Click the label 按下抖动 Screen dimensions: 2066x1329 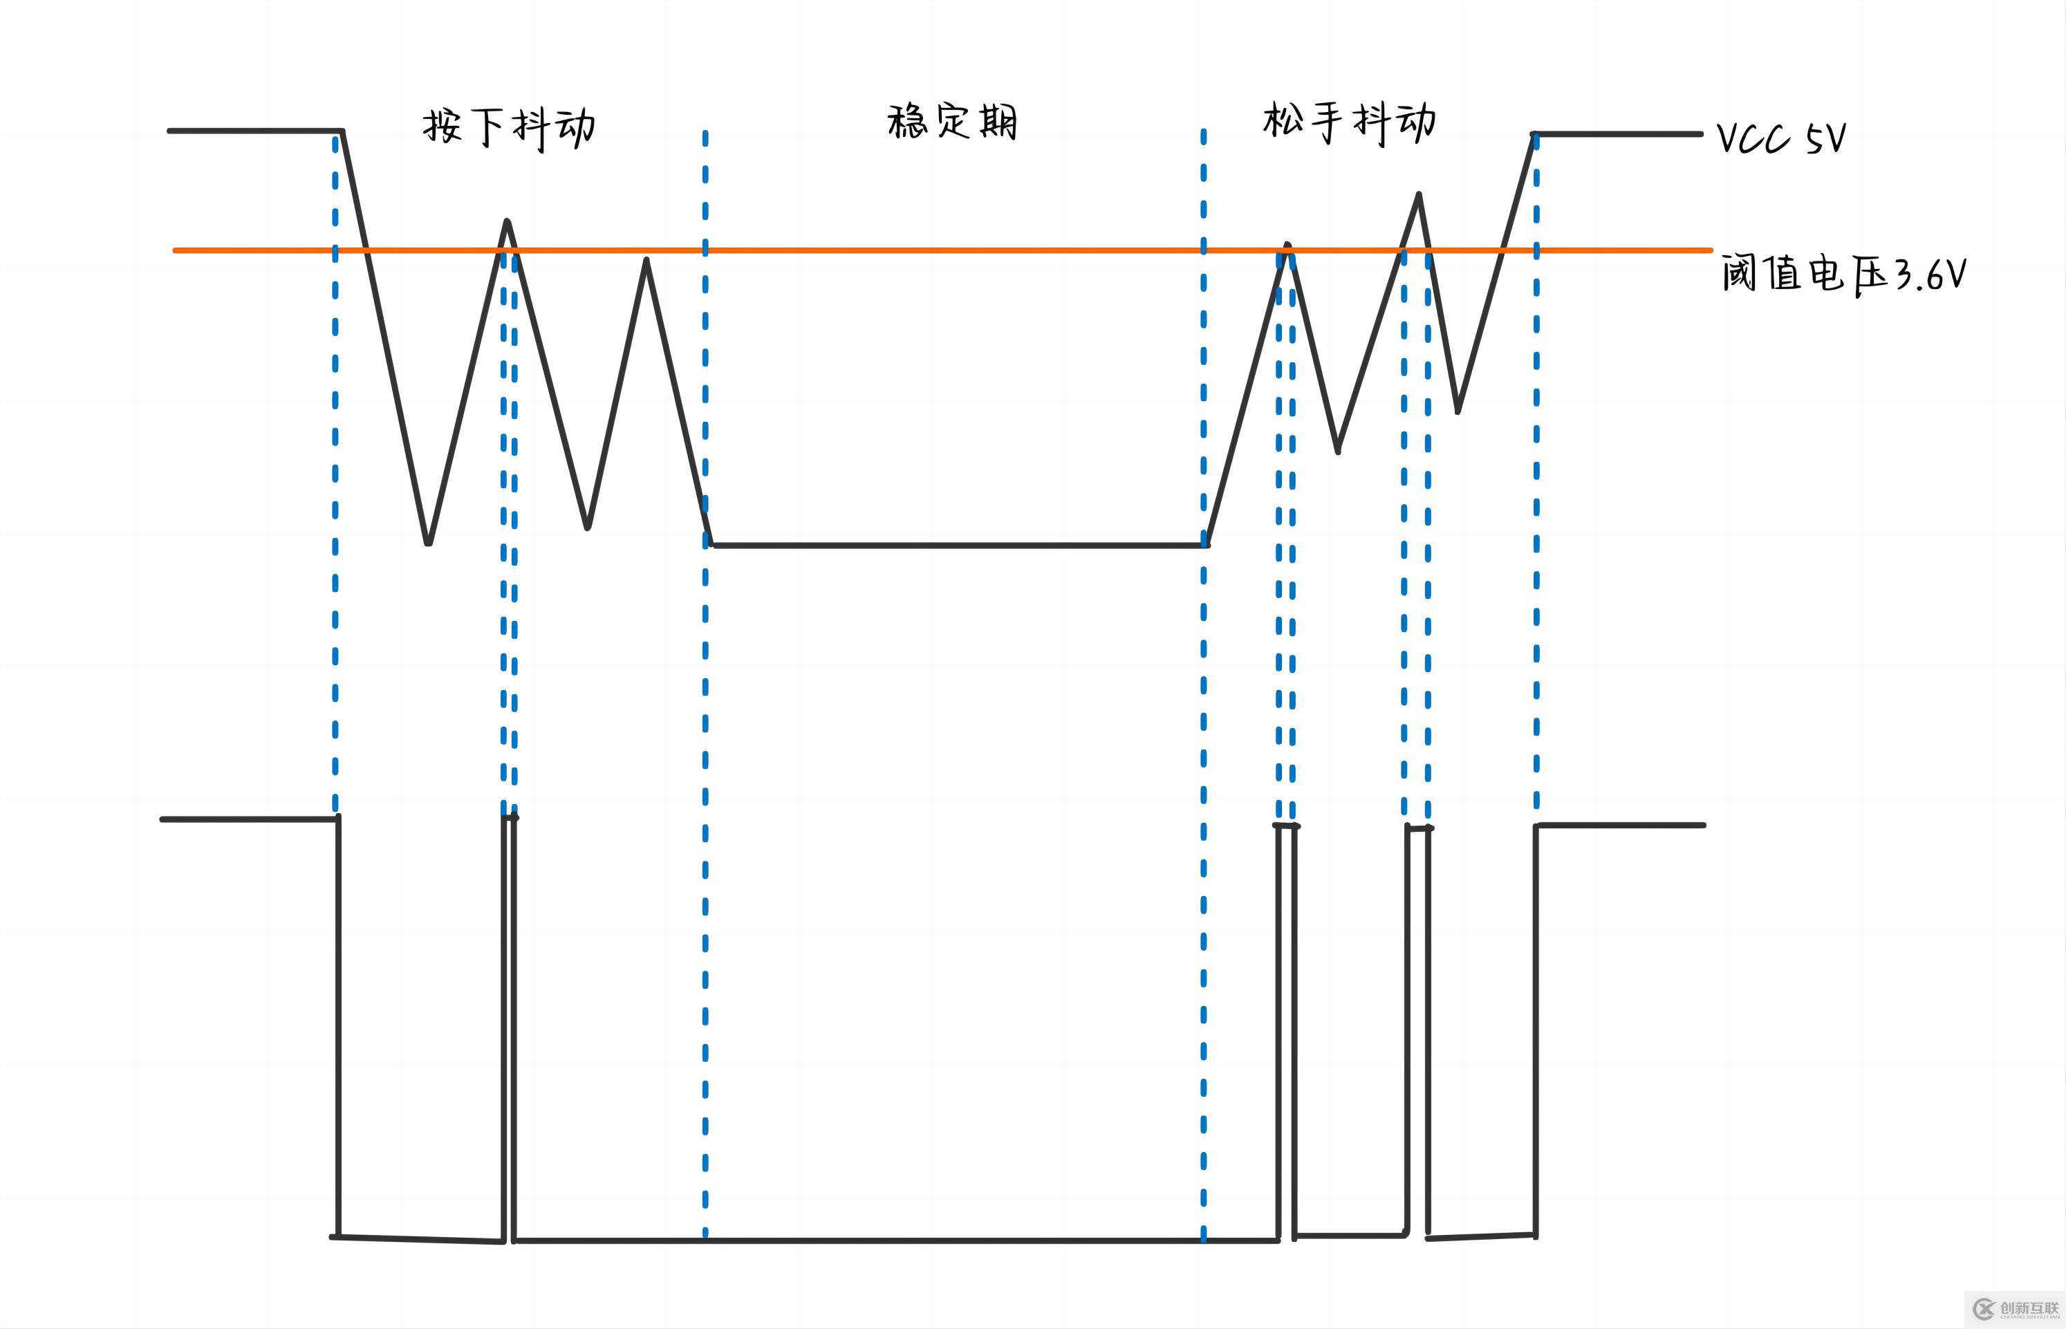tap(508, 129)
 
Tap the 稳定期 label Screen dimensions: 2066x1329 tap(952, 122)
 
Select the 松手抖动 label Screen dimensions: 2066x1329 tap(1350, 122)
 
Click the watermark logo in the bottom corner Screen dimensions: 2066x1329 tap(2015, 1308)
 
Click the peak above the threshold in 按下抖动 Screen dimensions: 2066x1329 tap(508, 222)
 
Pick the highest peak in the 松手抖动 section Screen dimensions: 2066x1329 tap(1419, 195)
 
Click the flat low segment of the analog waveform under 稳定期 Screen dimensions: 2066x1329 tap(958, 546)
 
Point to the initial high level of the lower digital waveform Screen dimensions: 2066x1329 tap(250, 819)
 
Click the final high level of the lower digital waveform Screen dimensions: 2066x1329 tap(1621, 825)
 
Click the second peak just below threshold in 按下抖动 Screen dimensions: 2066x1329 tap(646, 260)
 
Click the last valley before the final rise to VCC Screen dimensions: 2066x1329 tap(1458, 411)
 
